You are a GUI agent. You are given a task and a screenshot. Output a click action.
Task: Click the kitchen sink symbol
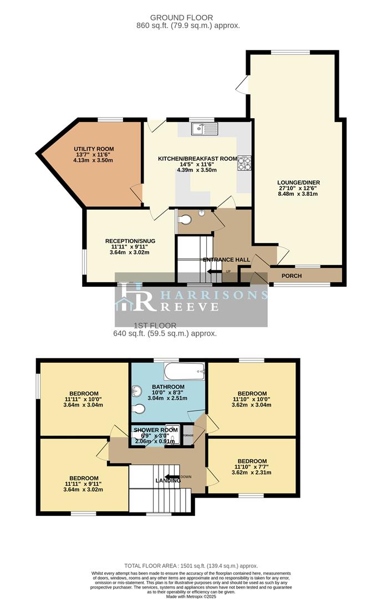point(205,129)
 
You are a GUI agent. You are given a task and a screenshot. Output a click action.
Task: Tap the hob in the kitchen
point(244,163)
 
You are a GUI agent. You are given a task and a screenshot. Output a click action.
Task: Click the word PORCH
point(292,276)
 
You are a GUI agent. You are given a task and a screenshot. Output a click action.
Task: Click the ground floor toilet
point(185,220)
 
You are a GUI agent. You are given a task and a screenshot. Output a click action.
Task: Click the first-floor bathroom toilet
point(140,409)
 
